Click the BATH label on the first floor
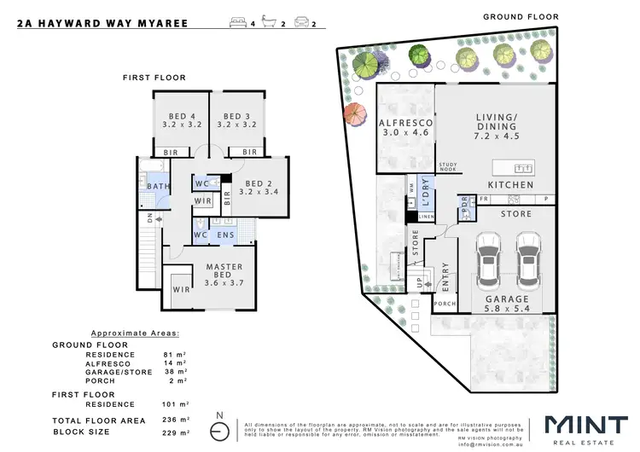(157, 186)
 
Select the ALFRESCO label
(405, 124)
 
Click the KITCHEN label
(510, 185)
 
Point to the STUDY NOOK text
(449, 167)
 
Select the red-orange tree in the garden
(353, 114)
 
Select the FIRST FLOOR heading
(154, 78)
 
